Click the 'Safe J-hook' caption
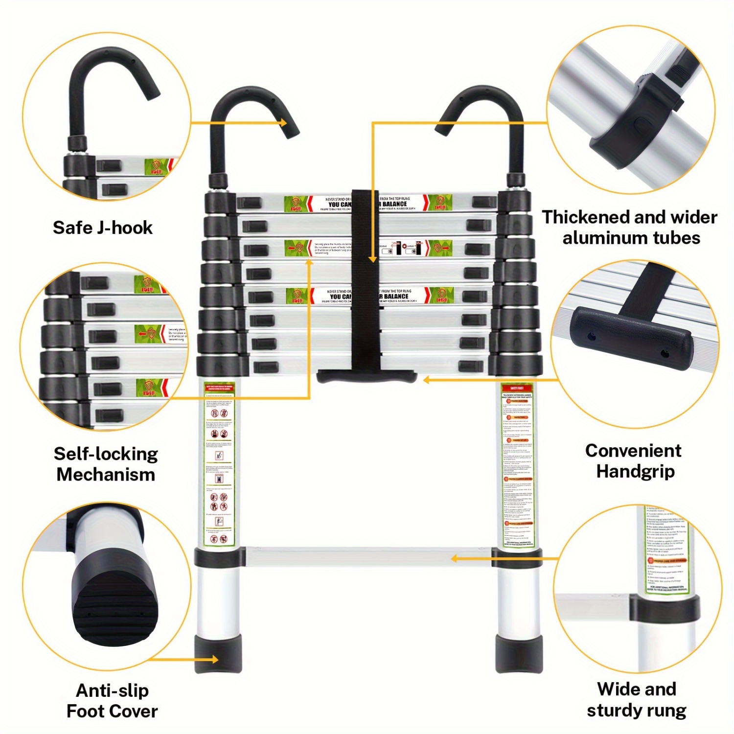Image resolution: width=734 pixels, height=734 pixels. click(x=102, y=228)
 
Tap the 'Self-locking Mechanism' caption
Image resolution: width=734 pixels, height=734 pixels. click(x=106, y=464)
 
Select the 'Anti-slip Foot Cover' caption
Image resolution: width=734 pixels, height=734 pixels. click(x=112, y=701)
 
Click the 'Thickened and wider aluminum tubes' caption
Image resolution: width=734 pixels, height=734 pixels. click(x=630, y=227)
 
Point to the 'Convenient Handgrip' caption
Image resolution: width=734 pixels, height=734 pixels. click(x=634, y=461)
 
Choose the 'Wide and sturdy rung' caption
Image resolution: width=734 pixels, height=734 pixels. click(x=636, y=700)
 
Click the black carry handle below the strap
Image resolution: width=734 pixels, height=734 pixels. click(x=367, y=377)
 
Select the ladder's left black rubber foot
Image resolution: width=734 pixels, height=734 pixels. click(x=218, y=654)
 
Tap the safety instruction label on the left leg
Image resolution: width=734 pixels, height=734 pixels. click(x=219, y=465)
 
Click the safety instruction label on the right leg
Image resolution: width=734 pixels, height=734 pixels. click(x=518, y=465)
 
